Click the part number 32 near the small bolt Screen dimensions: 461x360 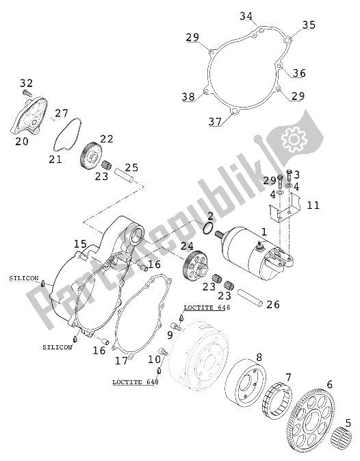(x=26, y=82)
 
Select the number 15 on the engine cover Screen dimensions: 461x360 (x=81, y=244)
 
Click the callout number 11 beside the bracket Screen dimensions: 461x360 (x=313, y=204)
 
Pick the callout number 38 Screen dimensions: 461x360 (x=188, y=97)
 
